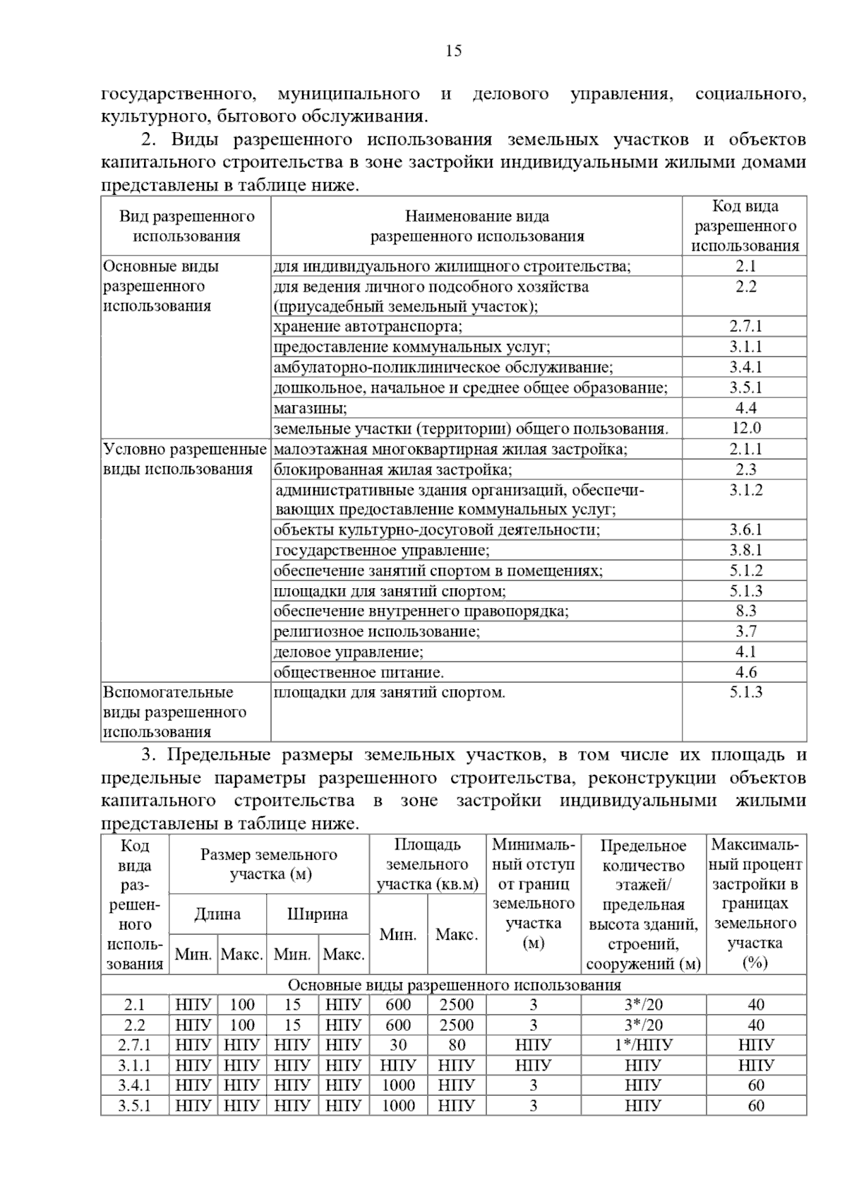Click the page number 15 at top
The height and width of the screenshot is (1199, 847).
(454, 51)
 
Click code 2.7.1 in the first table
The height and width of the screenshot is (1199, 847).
(745, 326)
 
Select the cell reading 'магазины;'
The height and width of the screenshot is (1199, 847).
(311, 408)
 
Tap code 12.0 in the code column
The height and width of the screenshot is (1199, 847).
(745, 428)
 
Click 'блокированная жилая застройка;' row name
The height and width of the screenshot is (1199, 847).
(393, 470)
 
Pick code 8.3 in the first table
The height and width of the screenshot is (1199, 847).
(745, 611)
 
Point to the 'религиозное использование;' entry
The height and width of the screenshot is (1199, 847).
(377, 631)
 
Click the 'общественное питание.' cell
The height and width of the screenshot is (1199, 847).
(359, 672)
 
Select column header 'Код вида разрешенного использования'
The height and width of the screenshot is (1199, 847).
(745, 226)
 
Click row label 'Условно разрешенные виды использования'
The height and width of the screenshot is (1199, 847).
(185, 459)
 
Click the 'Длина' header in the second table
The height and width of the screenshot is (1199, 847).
(217, 914)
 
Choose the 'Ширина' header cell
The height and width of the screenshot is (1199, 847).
(318, 914)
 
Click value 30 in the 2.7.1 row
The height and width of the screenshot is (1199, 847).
(398, 1045)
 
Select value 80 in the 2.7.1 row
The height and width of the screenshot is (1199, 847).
(457, 1045)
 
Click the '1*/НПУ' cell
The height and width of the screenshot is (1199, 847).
(643, 1045)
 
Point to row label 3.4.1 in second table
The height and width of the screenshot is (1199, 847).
(134, 1085)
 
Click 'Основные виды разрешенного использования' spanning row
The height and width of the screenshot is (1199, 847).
(454, 985)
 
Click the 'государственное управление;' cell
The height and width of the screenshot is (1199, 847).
(382, 550)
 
